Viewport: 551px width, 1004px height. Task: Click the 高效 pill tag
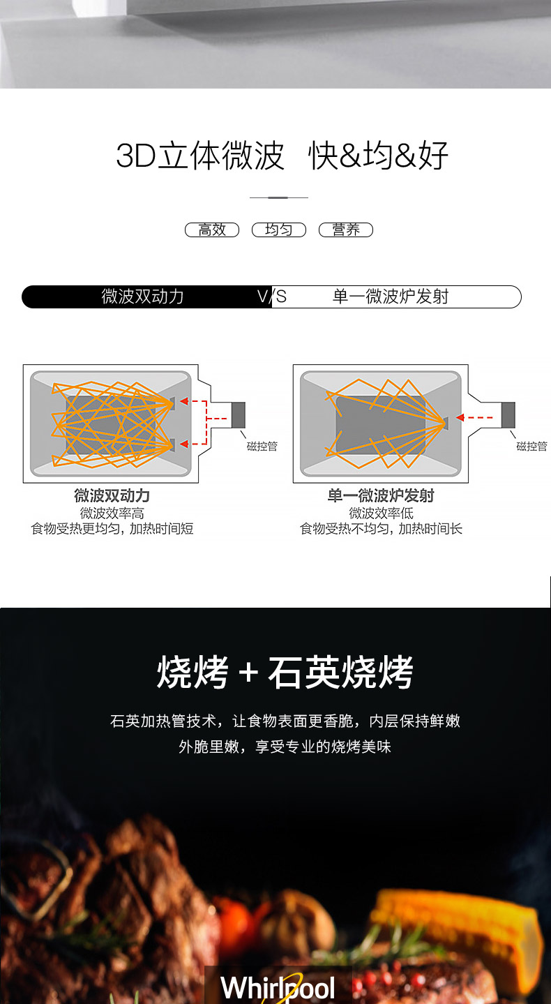tap(212, 230)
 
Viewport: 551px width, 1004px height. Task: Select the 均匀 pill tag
tap(278, 230)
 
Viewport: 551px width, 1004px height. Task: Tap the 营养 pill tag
tap(346, 230)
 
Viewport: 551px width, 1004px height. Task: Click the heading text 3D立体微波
tap(200, 156)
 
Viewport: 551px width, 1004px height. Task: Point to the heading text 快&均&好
tap(378, 156)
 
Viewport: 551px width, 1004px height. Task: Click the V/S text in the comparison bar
tap(272, 297)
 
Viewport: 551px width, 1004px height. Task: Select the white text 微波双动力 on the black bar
tap(142, 297)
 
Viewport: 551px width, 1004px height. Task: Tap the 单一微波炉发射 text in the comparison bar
tap(390, 297)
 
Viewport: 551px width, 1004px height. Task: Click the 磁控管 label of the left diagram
tap(262, 446)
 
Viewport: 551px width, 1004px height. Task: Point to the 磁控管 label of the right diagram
tap(531, 446)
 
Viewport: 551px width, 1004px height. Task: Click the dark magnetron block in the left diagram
tap(239, 415)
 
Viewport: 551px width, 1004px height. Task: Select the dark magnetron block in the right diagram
tap(508, 415)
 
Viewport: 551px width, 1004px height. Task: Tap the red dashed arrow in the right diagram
tap(474, 418)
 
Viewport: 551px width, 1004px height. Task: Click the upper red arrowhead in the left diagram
tap(184, 401)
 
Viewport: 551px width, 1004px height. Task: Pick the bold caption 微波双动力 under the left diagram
tap(112, 496)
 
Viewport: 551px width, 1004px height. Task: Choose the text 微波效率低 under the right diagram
tap(382, 514)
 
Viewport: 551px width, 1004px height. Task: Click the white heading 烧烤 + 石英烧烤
tap(285, 672)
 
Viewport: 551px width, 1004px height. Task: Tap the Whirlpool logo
tap(278, 987)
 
